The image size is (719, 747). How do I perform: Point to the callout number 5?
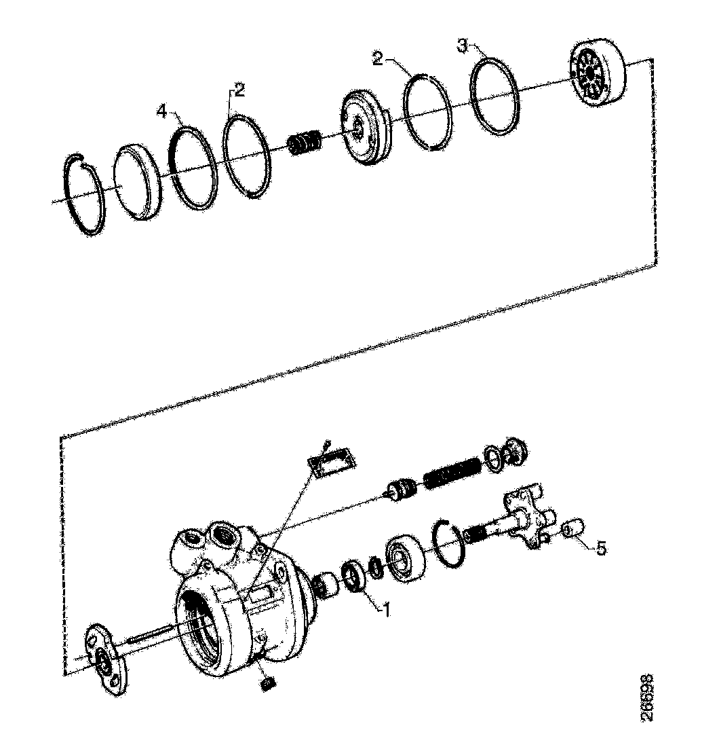point(600,547)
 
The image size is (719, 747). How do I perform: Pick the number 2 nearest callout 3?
point(378,57)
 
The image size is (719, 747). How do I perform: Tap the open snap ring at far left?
point(86,196)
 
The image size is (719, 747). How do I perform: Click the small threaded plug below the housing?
point(267,682)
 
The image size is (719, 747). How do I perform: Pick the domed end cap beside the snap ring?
point(138,182)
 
